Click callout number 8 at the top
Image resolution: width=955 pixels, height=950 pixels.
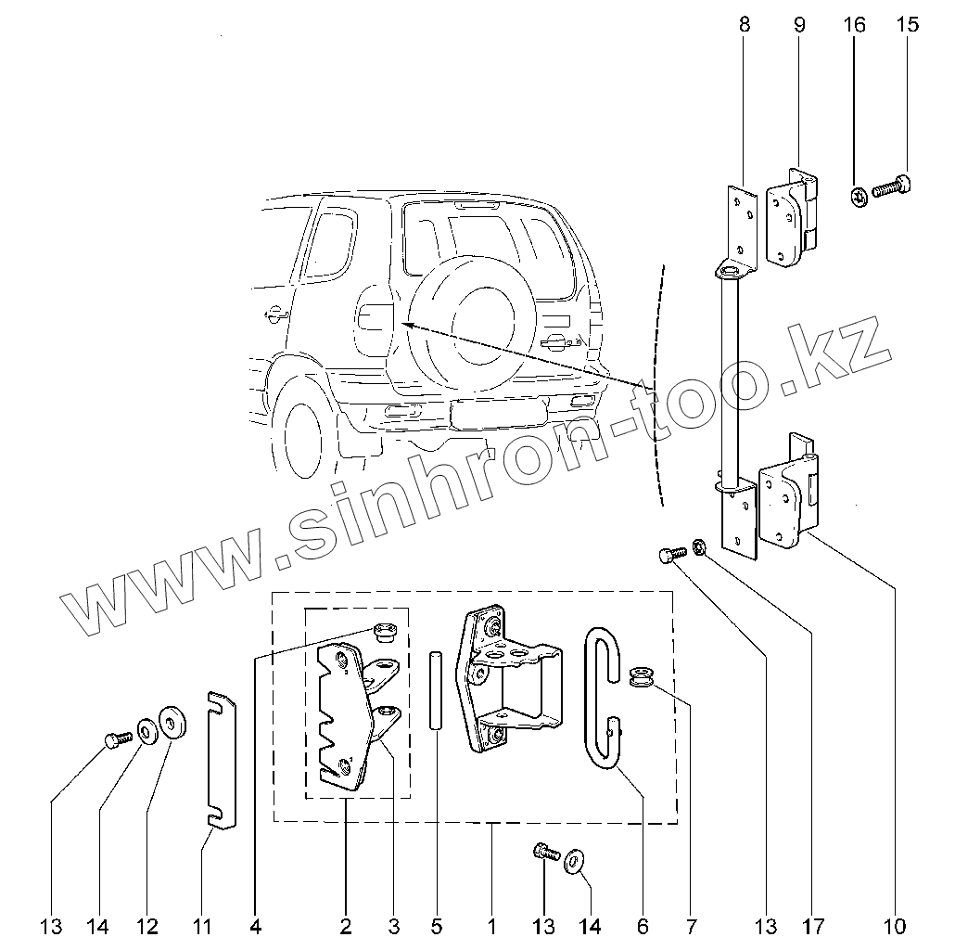[x=745, y=25]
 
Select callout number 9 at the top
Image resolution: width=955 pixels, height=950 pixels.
[x=799, y=25]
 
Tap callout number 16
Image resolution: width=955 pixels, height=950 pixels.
[x=854, y=25]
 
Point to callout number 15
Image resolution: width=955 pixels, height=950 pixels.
[x=908, y=25]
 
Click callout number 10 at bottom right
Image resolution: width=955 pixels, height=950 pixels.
[x=896, y=926]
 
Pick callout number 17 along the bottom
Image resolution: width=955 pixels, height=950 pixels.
[x=812, y=926]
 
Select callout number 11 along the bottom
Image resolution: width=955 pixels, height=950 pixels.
[x=202, y=926]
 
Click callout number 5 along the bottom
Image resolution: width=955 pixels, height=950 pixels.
[x=437, y=926]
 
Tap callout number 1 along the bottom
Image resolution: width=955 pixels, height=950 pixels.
[x=491, y=926]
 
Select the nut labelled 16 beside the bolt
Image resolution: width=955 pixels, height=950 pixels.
[x=858, y=196]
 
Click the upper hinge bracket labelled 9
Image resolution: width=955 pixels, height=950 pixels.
[x=793, y=218]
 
